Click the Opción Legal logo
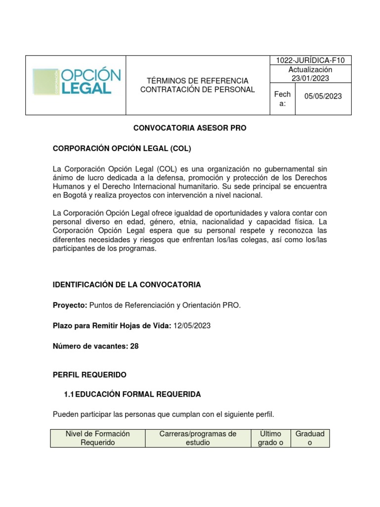pyautogui.click(x=76, y=82)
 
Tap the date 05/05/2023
pyautogui.click(x=323, y=96)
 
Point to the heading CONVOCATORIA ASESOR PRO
pyautogui.click(x=190, y=128)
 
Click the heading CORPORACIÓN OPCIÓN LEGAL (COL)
pyautogui.click(x=122, y=149)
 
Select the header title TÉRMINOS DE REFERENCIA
pyautogui.click(x=197, y=80)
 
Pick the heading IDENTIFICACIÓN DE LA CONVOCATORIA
pyautogui.click(x=127, y=285)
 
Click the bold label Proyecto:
pyautogui.click(x=70, y=305)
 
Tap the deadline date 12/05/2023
pyautogui.click(x=192, y=326)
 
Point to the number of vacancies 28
pyautogui.click(x=134, y=346)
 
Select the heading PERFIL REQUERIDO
pyautogui.click(x=90, y=375)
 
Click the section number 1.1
pyautogui.click(x=69, y=395)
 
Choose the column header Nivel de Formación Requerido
pyautogui.click(x=97, y=438)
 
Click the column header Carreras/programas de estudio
pyautogui.click(x=198, y=438)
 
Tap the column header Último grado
pyautogui.click(x=270, y=438)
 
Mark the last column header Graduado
pyautogui.click(x=310, y=438)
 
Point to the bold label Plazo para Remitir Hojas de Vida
pyautogui.click(x=112, y=326)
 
